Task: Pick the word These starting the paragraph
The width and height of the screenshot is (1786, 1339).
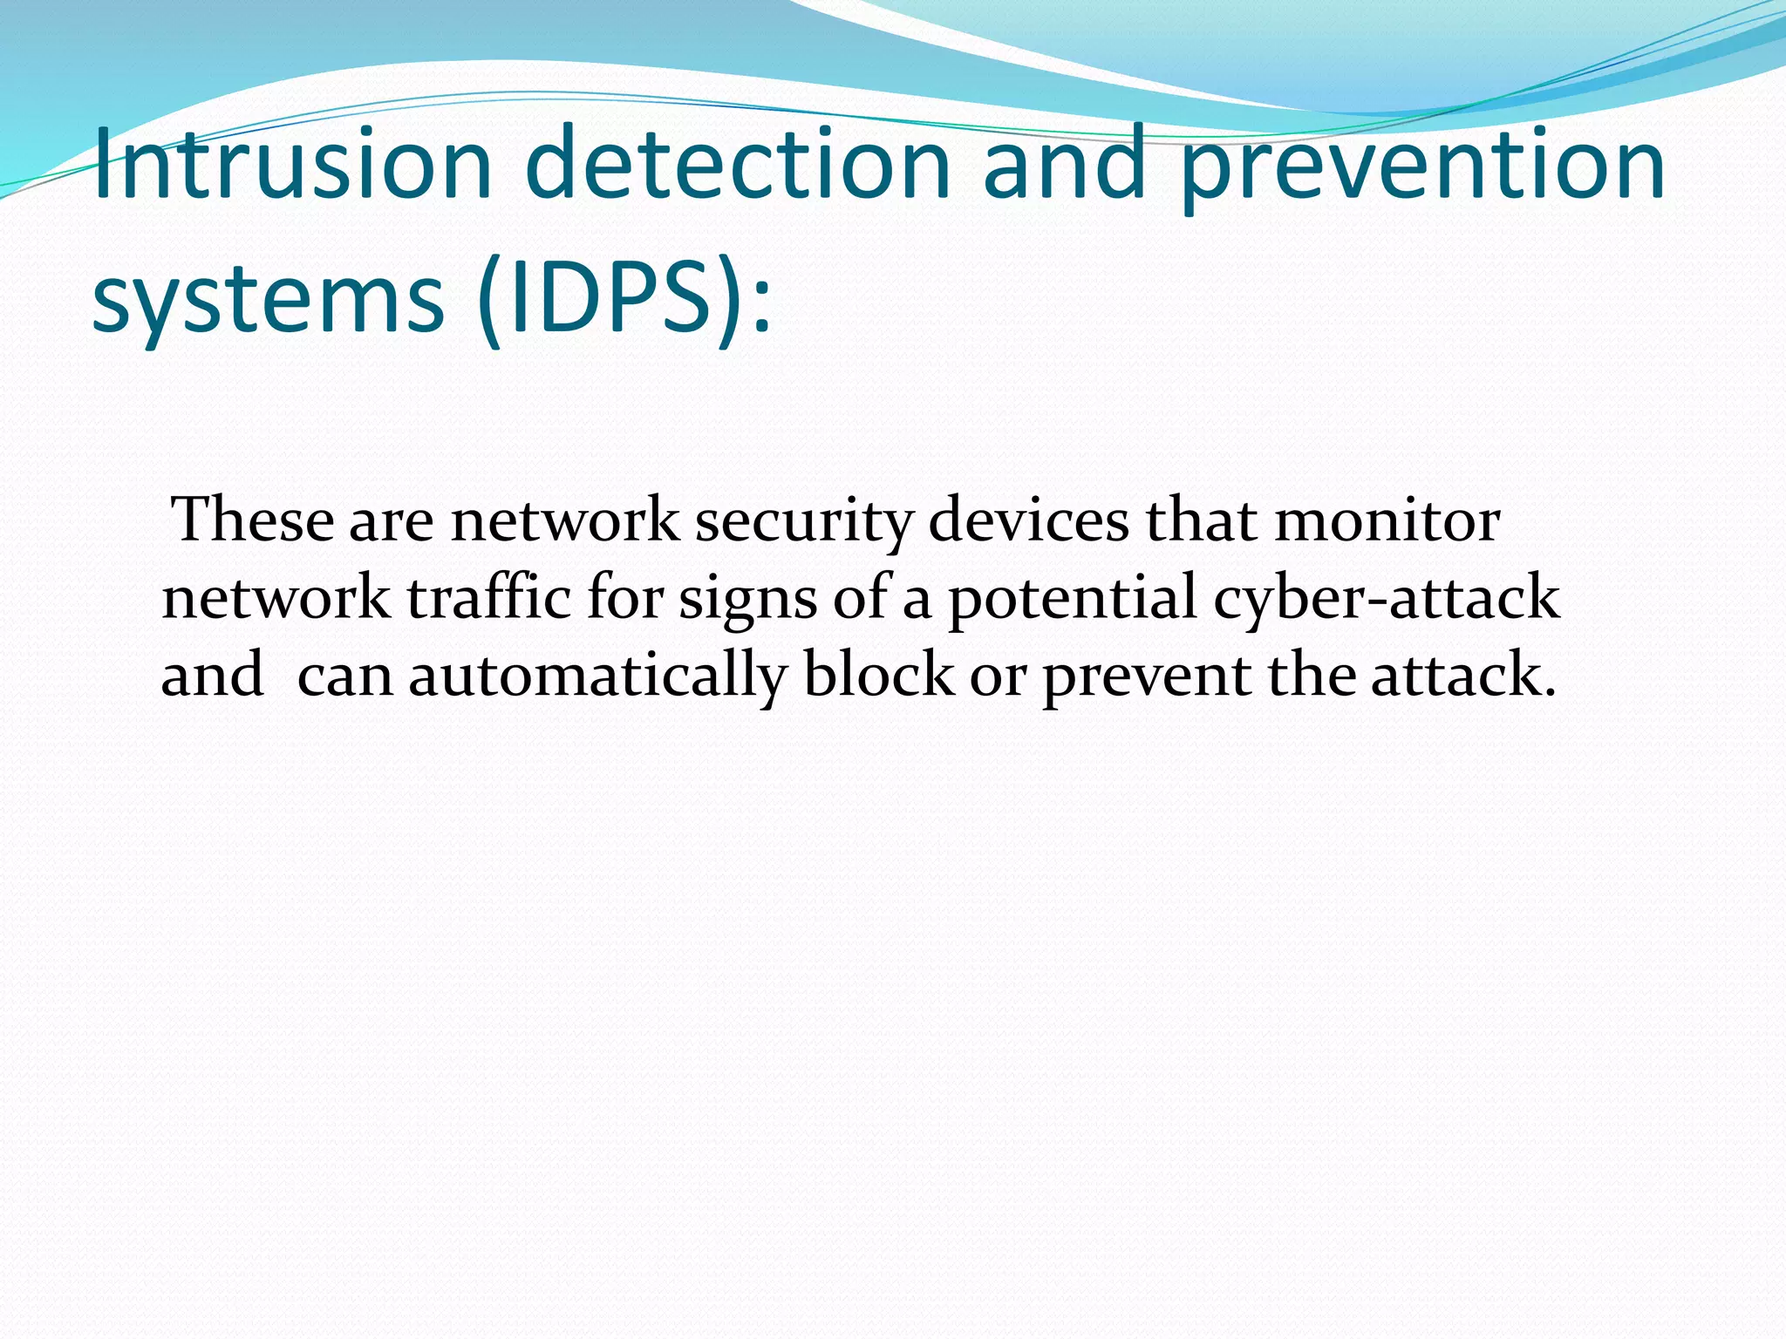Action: click(254, 520)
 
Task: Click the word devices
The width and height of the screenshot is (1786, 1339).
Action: click(1028, 520)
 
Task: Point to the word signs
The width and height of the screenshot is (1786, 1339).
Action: click(747, 602)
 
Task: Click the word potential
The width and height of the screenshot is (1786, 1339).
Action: click(1073, 600)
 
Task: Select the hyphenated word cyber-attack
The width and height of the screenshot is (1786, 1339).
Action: click(1386, 600)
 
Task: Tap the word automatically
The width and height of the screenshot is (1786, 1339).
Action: click(597, 676)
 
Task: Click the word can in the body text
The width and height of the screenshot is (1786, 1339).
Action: click(345, 677)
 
